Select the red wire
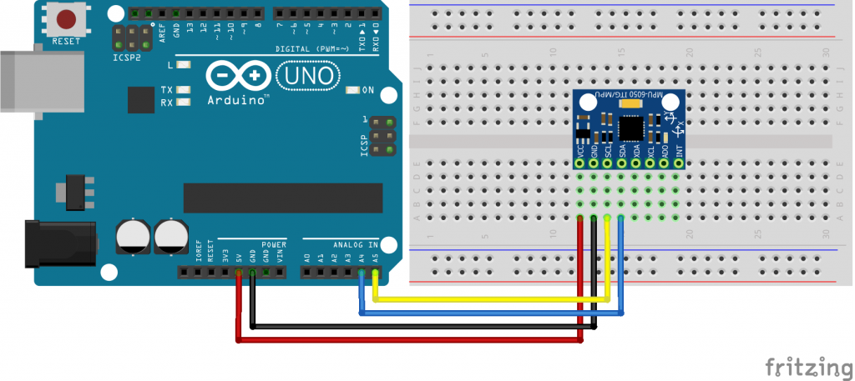(x=409, y=339)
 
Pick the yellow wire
(x=493, y=299)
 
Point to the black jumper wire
(x=417, y=326)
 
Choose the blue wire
(x=493, y=313)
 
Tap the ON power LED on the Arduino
(x=352, y=90)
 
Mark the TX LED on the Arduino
(x=184, y=90)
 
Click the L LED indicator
(x=184, y=64)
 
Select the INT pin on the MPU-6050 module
(x=679, y=163)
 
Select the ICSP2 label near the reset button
(x=127, y=59)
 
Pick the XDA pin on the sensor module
(x=636, y=163)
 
